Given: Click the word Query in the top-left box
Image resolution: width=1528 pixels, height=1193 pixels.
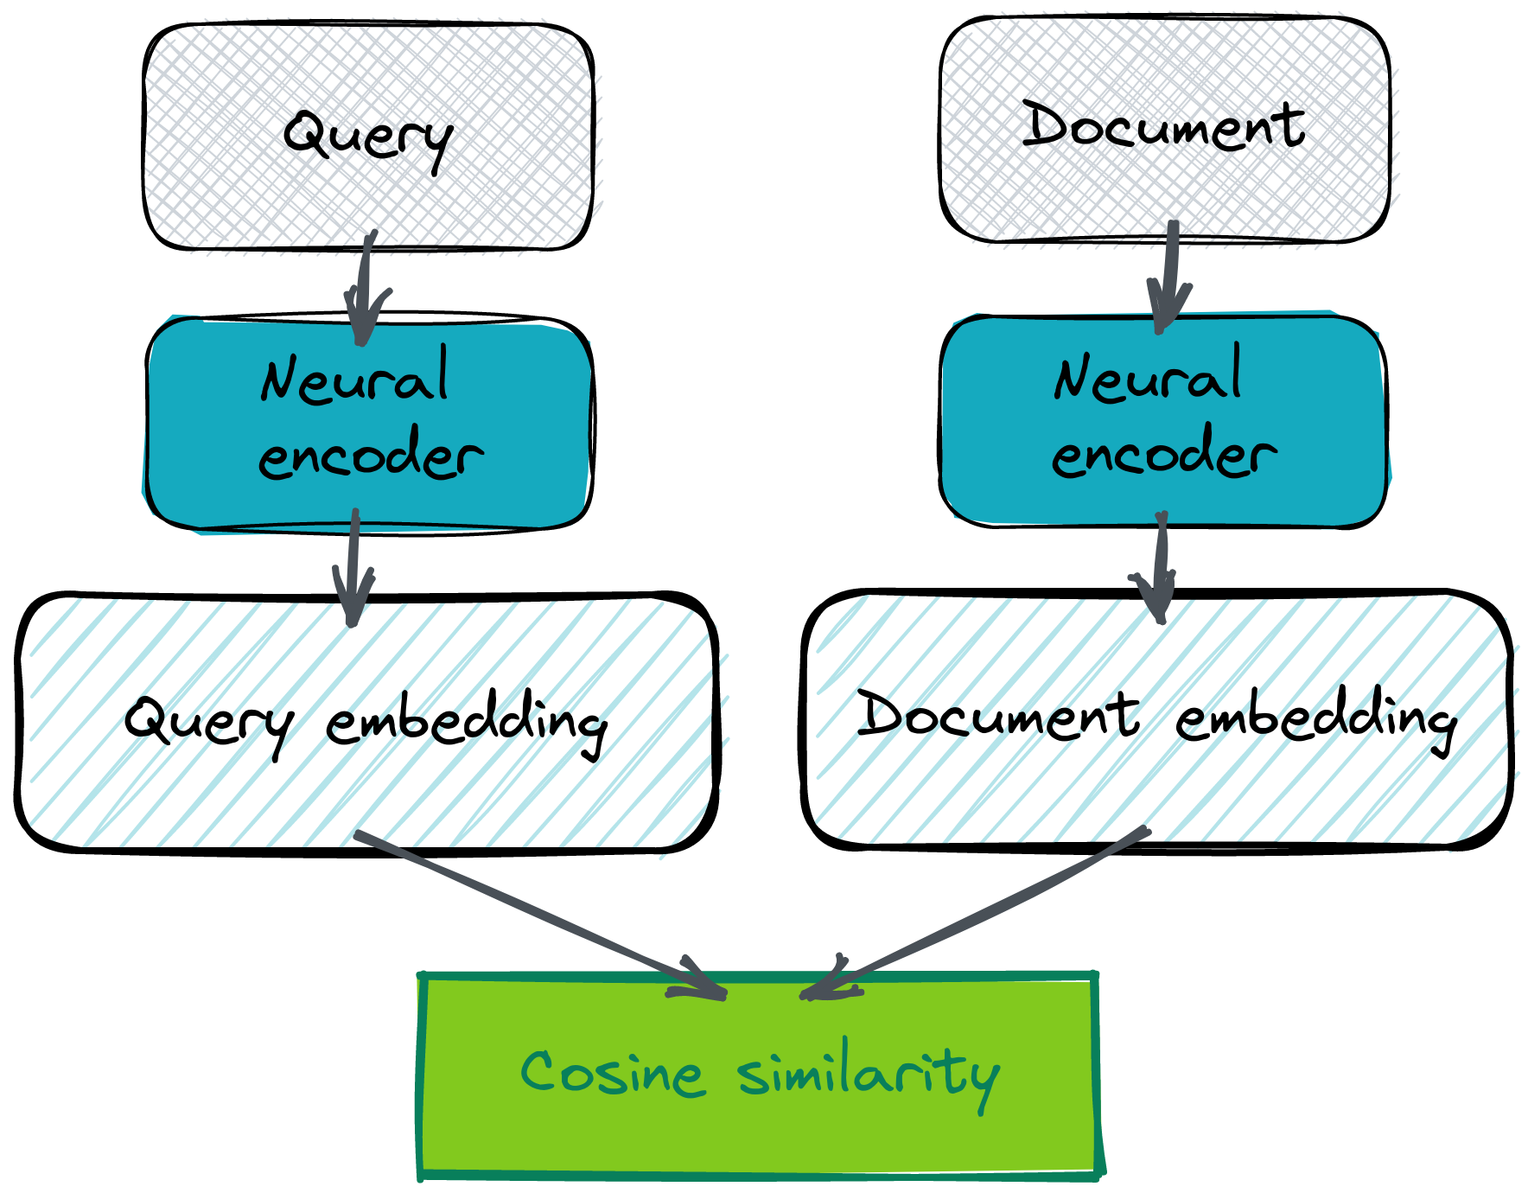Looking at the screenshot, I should (367, 138).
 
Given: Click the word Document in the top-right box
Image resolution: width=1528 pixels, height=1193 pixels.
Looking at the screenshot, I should (1167, 128).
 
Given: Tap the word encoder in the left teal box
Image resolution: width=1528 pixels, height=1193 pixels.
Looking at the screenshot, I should (371, 455).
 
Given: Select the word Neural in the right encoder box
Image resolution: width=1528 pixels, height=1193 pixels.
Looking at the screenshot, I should (1148, 375).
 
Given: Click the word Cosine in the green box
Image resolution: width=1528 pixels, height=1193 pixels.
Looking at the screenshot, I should (612, 1074).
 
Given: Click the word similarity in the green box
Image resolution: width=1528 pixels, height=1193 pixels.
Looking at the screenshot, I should (869, 1075).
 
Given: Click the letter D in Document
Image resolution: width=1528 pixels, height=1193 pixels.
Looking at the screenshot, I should (1047, 125).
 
